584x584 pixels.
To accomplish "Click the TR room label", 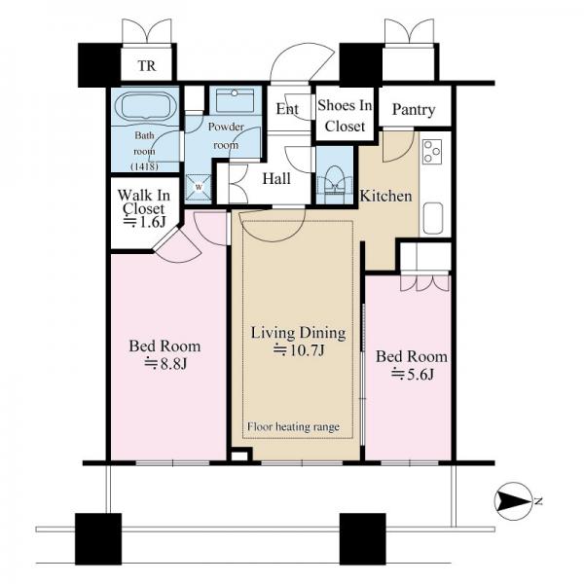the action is pos(147,66).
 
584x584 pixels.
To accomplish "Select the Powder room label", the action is pos(226,135).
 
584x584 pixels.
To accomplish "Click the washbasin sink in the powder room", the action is pos(235,99).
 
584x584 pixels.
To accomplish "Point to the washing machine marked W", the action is pos(199,187).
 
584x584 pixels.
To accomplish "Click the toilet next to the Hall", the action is pos(334,179).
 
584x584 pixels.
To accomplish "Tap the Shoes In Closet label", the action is pos(345,116).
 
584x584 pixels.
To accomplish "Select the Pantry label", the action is pos(414,109).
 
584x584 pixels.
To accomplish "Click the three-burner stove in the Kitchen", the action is pos(432,152).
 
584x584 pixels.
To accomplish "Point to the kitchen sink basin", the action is pos(432,219).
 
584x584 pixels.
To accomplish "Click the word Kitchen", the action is pos(385,196).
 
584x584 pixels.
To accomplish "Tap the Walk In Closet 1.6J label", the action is pos(144,208).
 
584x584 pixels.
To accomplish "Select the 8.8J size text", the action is pos(165,363).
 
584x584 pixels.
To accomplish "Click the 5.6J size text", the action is pos(413,374).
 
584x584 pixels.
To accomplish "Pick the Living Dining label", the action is pos(299,333).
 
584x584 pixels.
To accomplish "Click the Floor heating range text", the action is pos(294,426).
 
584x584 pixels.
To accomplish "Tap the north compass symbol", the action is pos(513,501).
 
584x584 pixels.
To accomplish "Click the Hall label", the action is pos(276,179).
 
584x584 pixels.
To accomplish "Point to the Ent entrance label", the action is pos(287,109).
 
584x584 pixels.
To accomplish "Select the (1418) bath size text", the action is pos(144,166).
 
